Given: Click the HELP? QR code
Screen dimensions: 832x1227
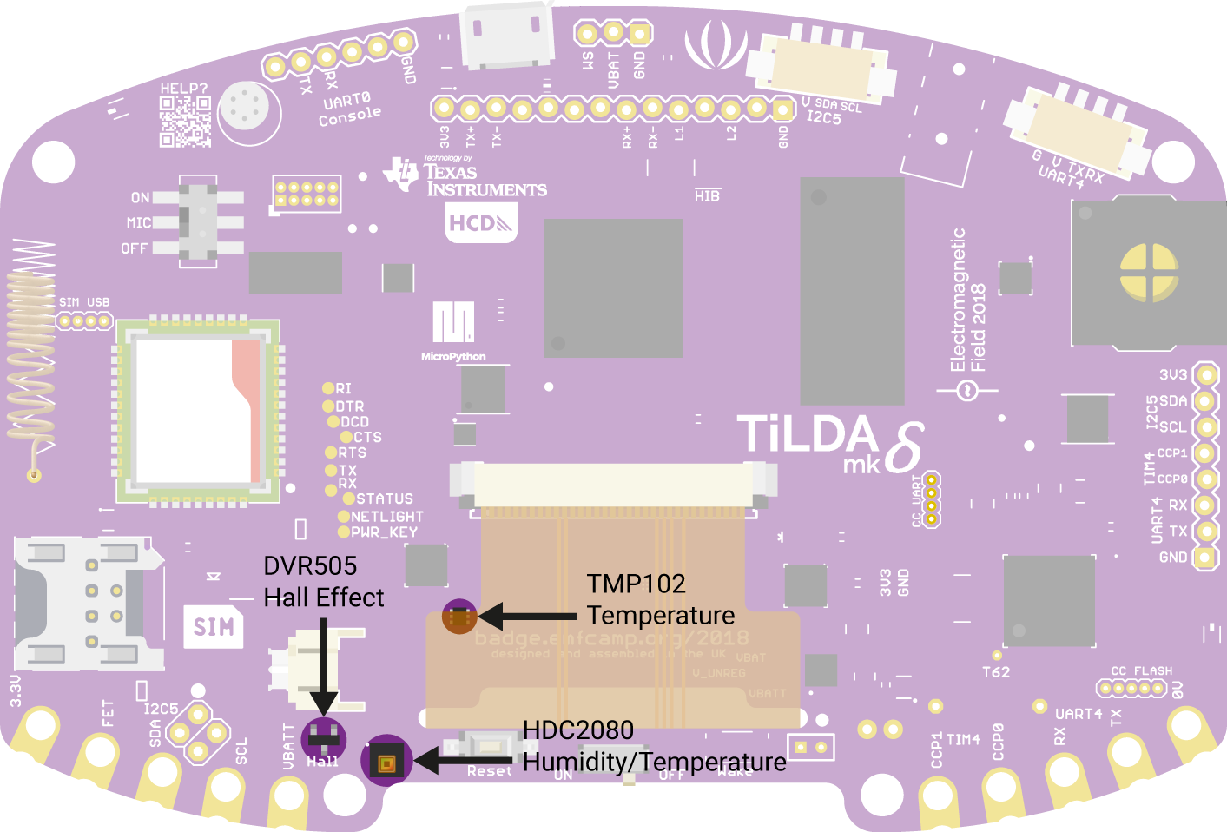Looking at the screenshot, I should point(185,121).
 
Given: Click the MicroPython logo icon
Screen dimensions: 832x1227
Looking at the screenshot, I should point(453,322).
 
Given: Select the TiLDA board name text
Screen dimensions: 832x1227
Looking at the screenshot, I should point(808,435).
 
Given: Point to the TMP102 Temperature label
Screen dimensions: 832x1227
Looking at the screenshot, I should point(660,599).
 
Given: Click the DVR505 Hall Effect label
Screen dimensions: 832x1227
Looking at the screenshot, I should point(323,582).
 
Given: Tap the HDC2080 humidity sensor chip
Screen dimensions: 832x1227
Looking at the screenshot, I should point(386,762).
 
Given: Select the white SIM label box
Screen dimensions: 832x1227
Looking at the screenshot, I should point(214,626).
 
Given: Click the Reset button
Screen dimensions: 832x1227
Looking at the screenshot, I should point(489,746).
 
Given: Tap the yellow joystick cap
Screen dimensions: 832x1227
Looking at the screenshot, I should point(1149,273).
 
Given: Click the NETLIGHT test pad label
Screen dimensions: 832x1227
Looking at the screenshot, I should point(387,516).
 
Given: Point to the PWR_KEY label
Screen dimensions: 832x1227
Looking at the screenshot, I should point(384,532).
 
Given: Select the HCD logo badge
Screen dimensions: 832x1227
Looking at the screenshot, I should point(480,223).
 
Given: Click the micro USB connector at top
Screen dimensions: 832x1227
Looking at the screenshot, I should point(506,35).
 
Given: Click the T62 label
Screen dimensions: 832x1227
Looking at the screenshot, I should point(996,672).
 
